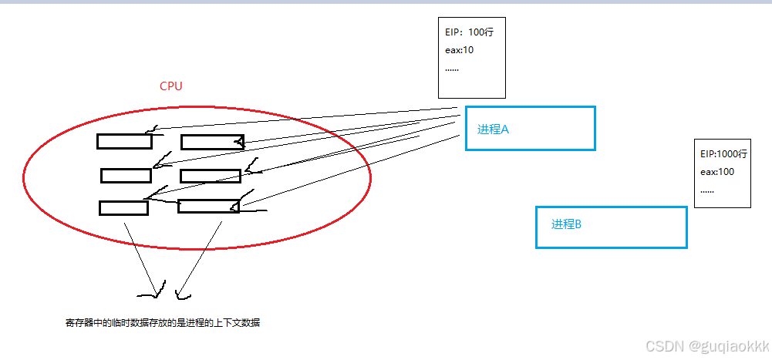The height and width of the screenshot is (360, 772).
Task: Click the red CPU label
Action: pyautogui.click(x=170, y=86)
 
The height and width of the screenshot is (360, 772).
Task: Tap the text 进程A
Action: pyautogui.click(x=493, y=130)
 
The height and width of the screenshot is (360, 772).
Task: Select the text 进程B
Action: pyautogui.click(x=566, y=225)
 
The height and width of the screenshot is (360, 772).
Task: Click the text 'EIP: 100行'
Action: pyautogui.click(x=470, y=34)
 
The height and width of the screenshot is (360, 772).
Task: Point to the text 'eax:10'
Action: pyautogui.click(x=459, y=51)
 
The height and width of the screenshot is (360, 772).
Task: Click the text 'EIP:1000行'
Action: pyautogui.click(x=723, y=154)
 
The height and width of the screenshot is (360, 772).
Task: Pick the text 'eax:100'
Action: pyautogui.click(x=717, y=172)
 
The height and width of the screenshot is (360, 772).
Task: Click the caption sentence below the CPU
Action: pyautogui.click(x=163, y=323)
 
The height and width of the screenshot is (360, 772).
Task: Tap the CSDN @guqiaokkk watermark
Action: pyautogui.click(x=706, y=347)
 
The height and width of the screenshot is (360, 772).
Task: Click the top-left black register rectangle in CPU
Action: pyautogui.click(x=124, y=142)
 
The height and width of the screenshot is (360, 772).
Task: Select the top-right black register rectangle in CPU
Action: pyautogui.click(x=211, y=142)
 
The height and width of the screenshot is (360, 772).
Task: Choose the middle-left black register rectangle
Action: pyautogui.click(x=125, y=176)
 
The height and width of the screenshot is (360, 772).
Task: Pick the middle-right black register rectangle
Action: pyautogui.click(x=211, y=176)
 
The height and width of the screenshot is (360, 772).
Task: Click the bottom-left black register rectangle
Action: pyautogui.click(x=123, y=208)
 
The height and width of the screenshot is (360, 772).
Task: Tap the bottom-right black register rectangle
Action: pyautogui.click(x=208, y=207)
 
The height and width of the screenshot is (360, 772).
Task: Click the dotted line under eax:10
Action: pyautogui.click(x=452, y=69)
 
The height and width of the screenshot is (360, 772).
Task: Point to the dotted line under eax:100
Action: pyautogui.click(x=706, y=190)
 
